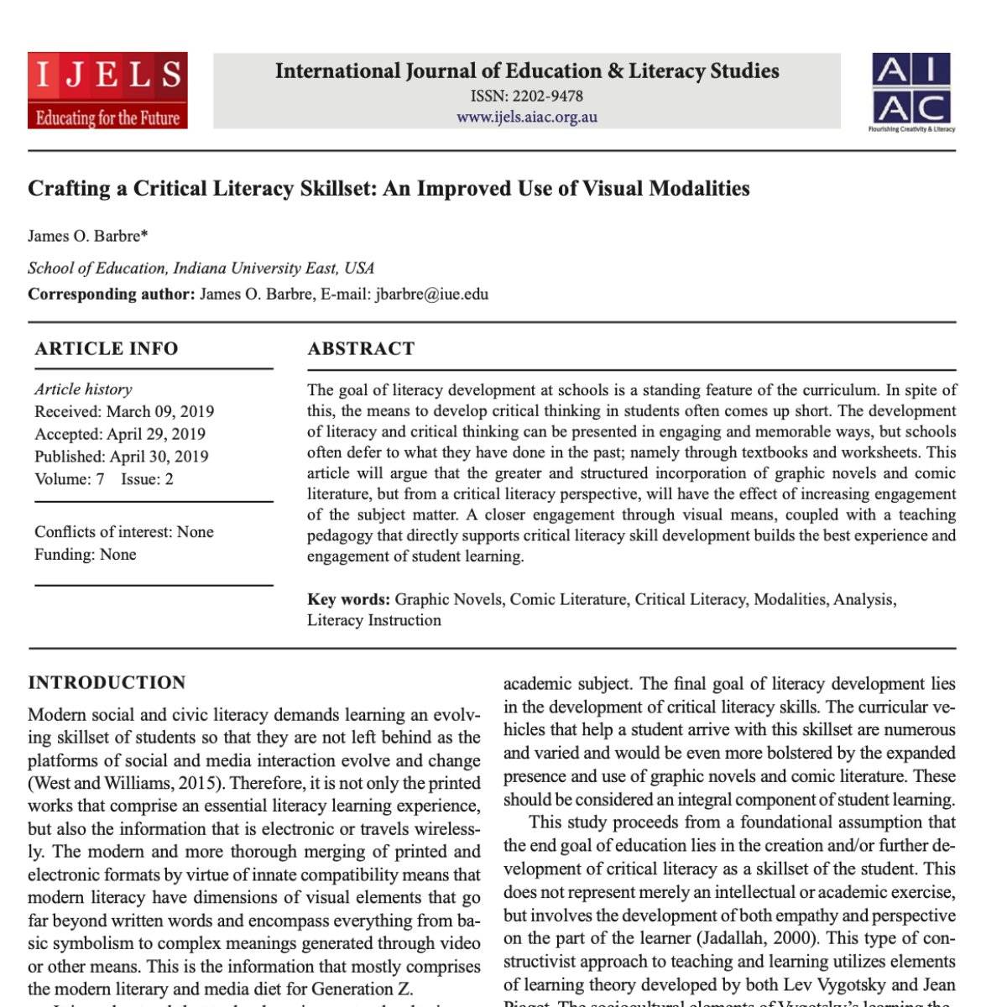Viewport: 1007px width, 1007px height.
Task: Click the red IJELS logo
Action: tap(107, 91)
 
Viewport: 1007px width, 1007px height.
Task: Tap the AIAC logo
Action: tap(912, 91)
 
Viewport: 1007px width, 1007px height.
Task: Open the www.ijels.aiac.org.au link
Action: tap(526, 117)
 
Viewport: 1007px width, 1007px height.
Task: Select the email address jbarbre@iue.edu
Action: tap(431, 295)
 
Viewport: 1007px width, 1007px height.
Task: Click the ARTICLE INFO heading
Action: tap(107, 349)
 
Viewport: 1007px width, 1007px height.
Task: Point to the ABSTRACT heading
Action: tap(361, 349)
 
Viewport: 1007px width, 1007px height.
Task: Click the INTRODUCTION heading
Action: tap(107, 683)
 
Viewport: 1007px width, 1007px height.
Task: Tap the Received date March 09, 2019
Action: tap(160, 412)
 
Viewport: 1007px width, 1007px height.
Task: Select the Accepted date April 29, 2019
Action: tap(156, 435)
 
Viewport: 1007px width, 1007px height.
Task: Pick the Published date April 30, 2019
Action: tap(159, 457)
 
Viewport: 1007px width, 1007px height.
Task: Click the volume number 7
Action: tap(100, 480)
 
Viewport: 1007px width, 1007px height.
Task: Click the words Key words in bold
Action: tap(348, 600)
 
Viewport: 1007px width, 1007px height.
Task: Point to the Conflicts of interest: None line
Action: tap(124, 532)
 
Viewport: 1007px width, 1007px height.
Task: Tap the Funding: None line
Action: tap(85, 555)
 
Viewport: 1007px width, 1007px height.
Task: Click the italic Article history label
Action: tap(83, 389)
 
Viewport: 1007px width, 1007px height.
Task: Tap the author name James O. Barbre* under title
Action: tap(88, 236)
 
